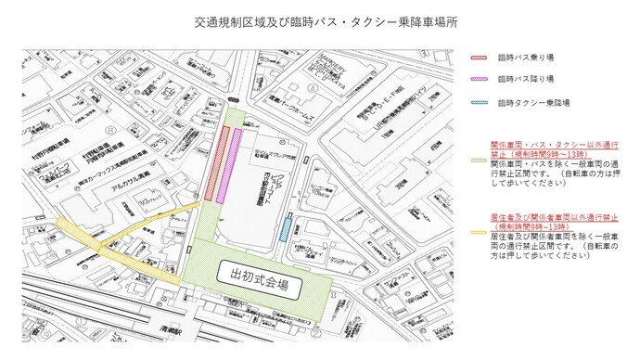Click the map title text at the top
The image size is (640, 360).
321,20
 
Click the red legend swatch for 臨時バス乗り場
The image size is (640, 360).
478,57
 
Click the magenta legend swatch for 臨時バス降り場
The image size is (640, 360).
478,80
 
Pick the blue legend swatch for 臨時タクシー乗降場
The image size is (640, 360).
478,102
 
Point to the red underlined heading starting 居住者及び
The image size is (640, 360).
554,223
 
